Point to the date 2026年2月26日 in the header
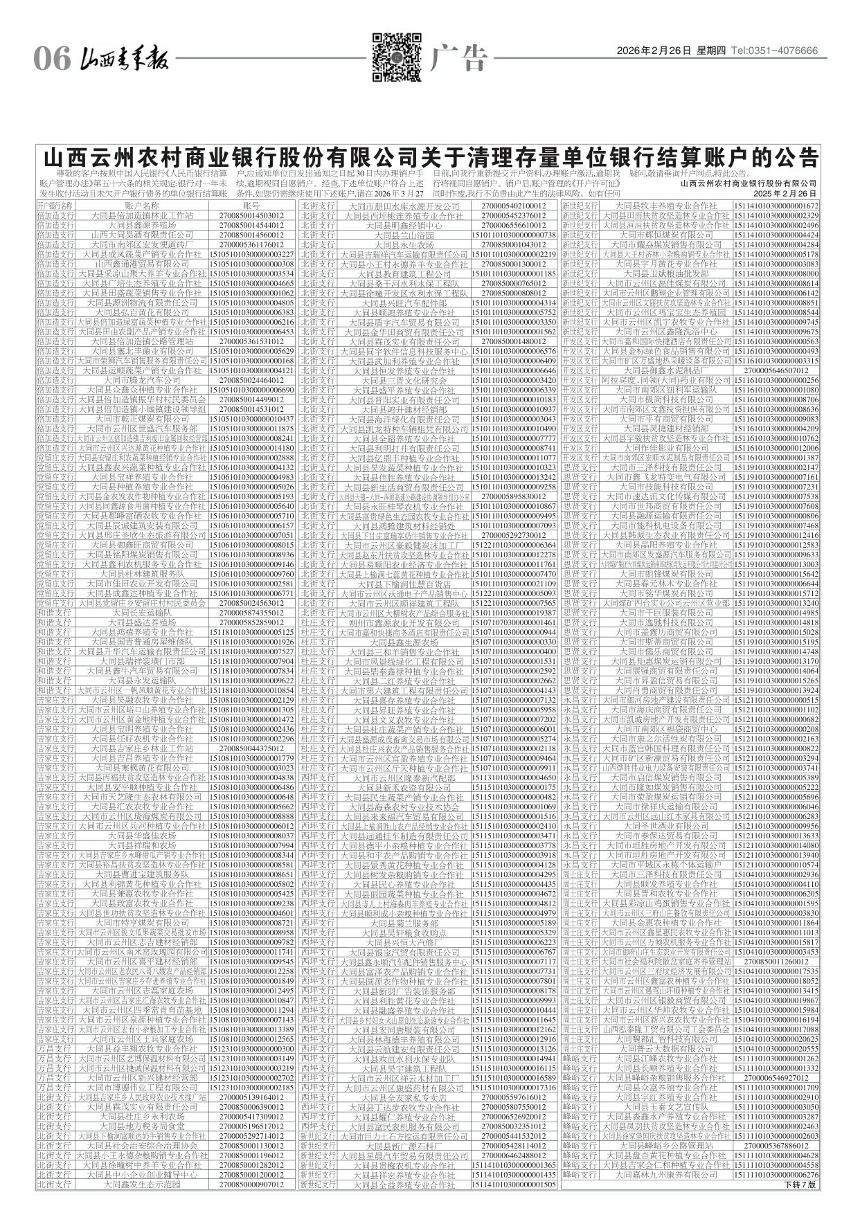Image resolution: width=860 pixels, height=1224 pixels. tap(654, 51)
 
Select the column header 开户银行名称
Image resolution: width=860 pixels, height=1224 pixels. tap(55, 206)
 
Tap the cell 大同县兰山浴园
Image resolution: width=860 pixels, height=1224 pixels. tap(405, 235)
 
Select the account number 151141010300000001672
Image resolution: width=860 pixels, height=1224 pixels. tap(776, 206)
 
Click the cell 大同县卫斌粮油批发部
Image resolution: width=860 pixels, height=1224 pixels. tap(668, 273)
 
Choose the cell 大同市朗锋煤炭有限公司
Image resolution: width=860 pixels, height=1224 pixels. tap(668, 574)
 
